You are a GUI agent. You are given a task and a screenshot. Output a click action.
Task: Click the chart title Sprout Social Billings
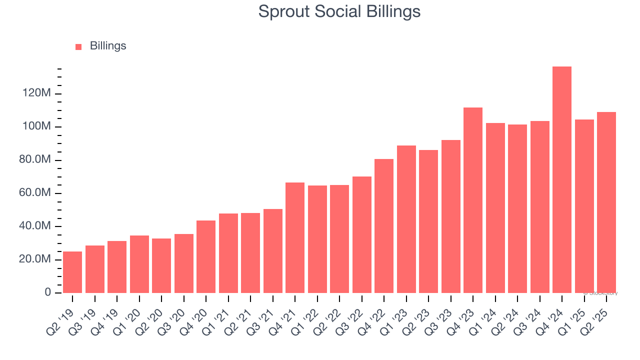tap(339, 11)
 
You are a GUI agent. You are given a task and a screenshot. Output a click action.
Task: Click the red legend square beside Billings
tap(78, 47)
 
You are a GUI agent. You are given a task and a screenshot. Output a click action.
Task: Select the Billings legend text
tap(108, 46)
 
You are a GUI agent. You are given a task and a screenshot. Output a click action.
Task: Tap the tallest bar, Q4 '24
tap(562, 180)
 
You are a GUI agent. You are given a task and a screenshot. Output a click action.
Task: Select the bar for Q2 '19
tap(72, 272)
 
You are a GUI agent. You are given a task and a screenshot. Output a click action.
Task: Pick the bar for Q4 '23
tap(473, 200)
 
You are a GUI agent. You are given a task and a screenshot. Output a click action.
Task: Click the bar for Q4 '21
tap(295, 237)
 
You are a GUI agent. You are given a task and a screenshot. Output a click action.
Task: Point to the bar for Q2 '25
tap(606, 202)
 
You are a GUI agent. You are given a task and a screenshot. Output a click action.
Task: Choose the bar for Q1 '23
tap(406, 219)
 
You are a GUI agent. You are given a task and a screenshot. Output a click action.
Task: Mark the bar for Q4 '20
tap(206, 256)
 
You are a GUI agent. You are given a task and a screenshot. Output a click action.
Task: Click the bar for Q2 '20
tap(161, 265)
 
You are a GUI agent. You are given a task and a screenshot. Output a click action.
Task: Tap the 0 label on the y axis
tap(48, 292)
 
